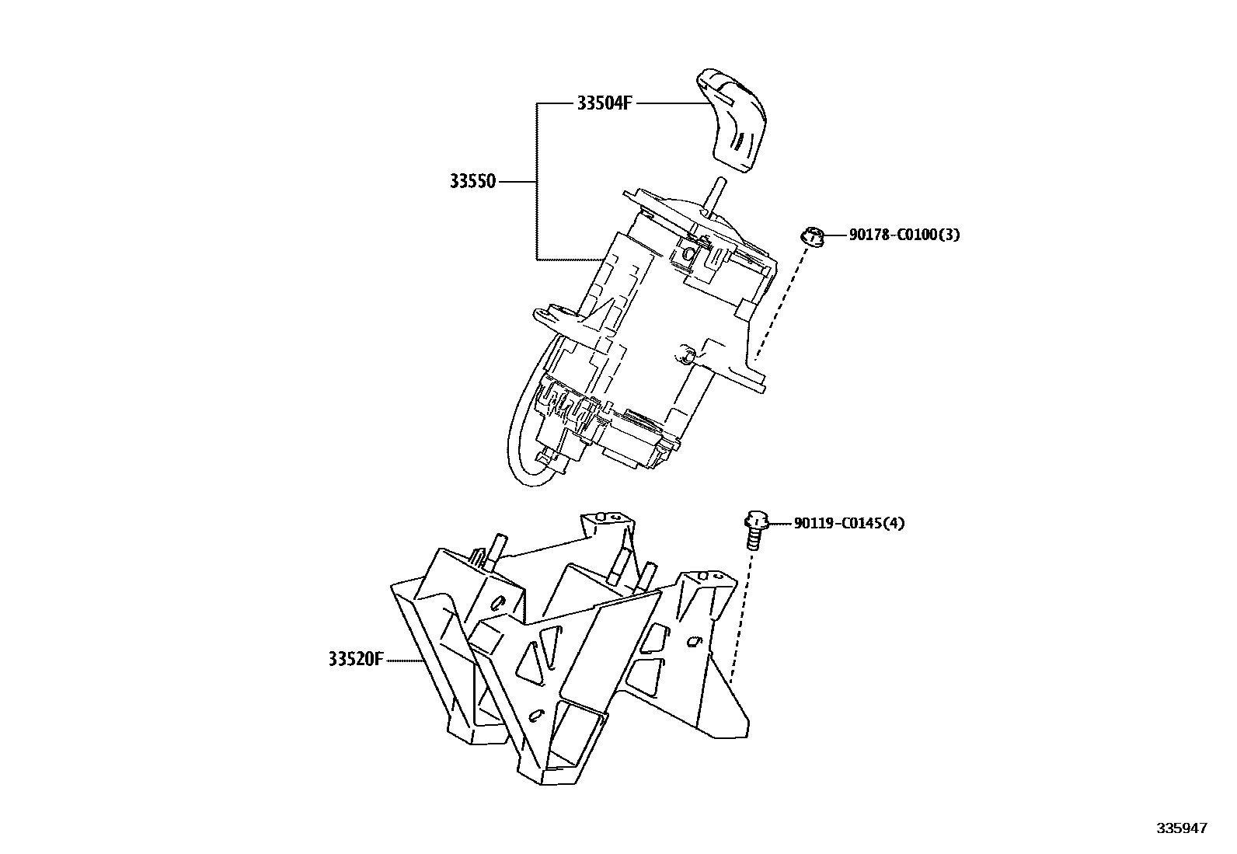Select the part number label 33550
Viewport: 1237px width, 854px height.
[472, 183]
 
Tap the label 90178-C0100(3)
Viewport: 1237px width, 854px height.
[904, 235]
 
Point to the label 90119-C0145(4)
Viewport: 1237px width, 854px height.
[848, 524]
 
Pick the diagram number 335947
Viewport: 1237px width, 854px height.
[1182, 828]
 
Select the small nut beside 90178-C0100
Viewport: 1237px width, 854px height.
[812, 236]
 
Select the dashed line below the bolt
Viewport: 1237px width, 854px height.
[740, 614]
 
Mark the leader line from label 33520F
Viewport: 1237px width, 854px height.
[404, 661]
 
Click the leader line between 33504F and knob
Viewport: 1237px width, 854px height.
[668, 103]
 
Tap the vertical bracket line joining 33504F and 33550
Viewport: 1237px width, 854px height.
[537, 183]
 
